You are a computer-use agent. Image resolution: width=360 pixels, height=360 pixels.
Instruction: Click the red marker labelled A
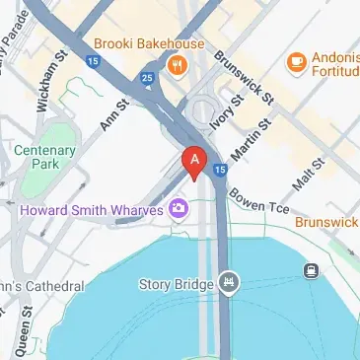click(x=195, y=161)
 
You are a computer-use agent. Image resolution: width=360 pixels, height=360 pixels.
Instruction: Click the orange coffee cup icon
click(x=296, y=61)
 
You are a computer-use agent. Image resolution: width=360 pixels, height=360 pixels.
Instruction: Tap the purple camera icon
click(x=179, y=207)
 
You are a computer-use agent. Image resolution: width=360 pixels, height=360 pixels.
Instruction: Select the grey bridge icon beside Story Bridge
click(x=229, y=284)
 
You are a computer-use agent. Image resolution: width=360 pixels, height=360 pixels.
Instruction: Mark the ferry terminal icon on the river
click(x=310, y=268)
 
